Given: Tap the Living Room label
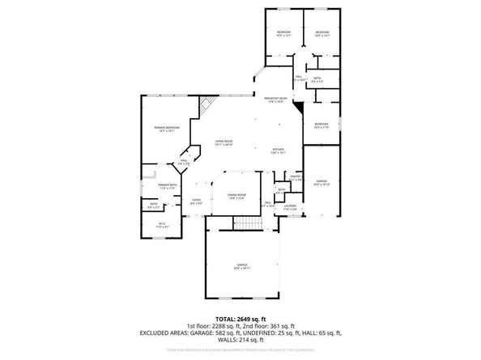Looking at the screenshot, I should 224,144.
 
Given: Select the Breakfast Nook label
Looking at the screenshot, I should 279,100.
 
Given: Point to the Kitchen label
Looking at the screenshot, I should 278,150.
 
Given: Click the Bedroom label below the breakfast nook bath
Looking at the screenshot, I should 321,125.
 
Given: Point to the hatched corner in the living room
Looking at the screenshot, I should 209,104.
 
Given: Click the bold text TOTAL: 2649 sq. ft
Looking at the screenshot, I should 240,319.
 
